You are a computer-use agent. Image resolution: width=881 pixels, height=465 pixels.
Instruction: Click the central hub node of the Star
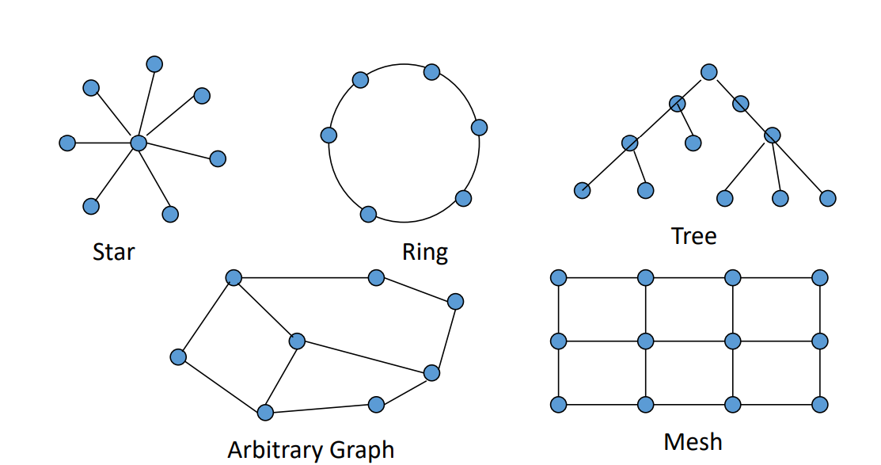coord(139,143)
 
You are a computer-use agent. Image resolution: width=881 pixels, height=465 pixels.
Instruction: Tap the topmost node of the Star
coord(154,64)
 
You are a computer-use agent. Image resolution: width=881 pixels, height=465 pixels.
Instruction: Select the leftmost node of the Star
coord(67,143)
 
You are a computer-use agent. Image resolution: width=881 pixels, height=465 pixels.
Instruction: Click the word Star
coord(113,252)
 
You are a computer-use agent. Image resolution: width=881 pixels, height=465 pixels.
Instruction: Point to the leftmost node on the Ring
coord(328,135)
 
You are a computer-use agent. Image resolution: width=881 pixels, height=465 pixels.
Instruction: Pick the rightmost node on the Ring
coord(479,127)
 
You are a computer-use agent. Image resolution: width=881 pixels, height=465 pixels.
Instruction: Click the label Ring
coord(425,253)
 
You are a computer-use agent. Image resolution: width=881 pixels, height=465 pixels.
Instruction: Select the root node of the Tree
coord(709,72)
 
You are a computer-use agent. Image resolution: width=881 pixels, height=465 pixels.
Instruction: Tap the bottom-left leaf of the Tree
coord(582,191)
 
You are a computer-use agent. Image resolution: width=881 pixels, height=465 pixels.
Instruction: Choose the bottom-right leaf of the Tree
coord(828,199)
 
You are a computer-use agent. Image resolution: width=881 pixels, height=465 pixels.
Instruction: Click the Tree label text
coord(694,236)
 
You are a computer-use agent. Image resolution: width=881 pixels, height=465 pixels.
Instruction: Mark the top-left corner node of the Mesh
coord(559,278)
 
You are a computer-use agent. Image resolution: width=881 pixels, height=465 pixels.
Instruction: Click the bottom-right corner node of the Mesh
coord(820,405)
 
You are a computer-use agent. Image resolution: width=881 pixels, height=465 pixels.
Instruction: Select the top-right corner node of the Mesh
coord(820,278)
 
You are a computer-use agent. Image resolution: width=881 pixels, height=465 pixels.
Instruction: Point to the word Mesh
coord(693,442)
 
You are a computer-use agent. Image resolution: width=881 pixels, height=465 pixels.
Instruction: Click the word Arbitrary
coord(275,451)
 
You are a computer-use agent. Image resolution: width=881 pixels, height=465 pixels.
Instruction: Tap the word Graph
coord(362,451)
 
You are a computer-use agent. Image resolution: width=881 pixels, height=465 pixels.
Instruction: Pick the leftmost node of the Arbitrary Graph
coord(178,357)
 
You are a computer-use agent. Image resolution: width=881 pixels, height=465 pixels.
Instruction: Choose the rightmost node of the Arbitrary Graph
coord(456,302)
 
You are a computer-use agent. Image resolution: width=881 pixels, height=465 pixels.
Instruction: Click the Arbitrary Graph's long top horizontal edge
coord(305,278)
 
